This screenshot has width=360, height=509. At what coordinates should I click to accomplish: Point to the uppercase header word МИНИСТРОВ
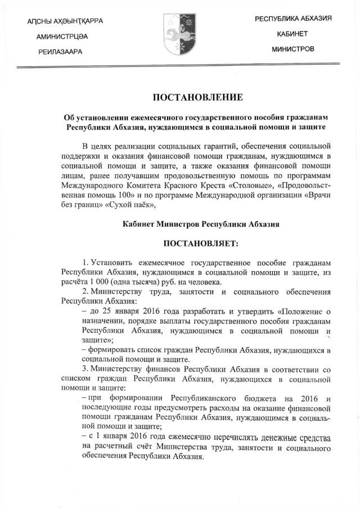pos(292,49)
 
